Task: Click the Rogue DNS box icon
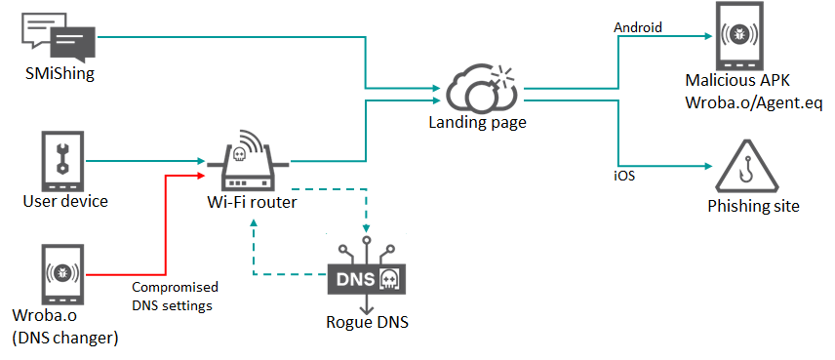pyautogui.click(x=366, y=279)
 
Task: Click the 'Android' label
pyautogui.click(x=638, y=27)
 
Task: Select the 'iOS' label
pyautogui.click(x=624, y=176)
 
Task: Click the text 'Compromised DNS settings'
pyautogui.click(x=175, y=296)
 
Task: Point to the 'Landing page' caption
pyautogui.click(x=477, y=123)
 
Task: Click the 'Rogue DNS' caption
pyautogui.click(x=365, y=322)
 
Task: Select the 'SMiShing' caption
pyautogui.click(x=58, y=73)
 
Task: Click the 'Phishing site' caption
pyautogui.click(x=753, y=206)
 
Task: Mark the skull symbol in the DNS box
pyautogui.click(x=387, y=280)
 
